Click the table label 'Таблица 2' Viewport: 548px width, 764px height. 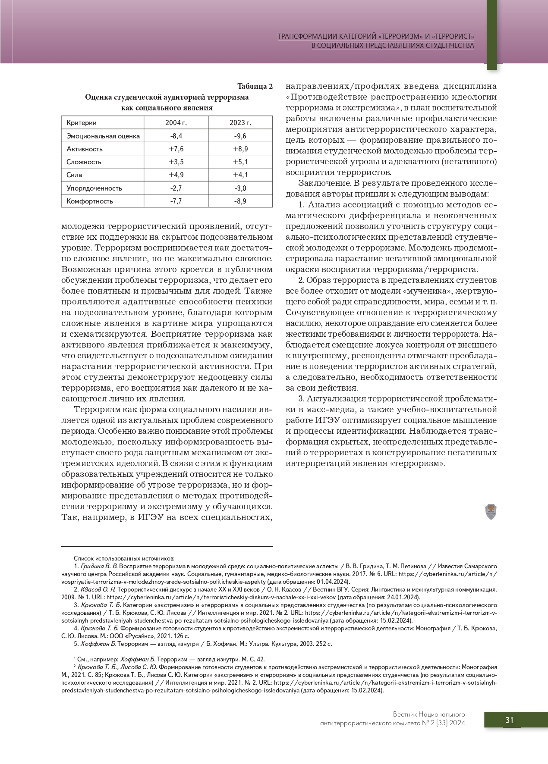255,86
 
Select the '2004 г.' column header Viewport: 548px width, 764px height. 176,123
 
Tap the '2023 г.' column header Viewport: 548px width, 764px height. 240,123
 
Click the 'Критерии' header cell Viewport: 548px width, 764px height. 82,123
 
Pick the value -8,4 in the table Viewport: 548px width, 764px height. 176,136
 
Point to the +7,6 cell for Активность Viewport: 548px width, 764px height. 176,149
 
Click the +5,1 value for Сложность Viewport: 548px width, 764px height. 240,162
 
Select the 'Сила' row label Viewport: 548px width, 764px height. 74,175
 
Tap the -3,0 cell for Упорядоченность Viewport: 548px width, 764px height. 240,188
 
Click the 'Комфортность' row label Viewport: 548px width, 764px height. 90,201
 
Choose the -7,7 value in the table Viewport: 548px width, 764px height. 176,201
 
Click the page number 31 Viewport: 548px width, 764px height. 510,720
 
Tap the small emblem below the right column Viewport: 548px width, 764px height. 491,512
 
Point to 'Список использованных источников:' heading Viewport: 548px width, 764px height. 124,558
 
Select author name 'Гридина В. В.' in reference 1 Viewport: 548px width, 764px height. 99,566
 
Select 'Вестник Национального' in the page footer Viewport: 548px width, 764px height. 429,714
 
